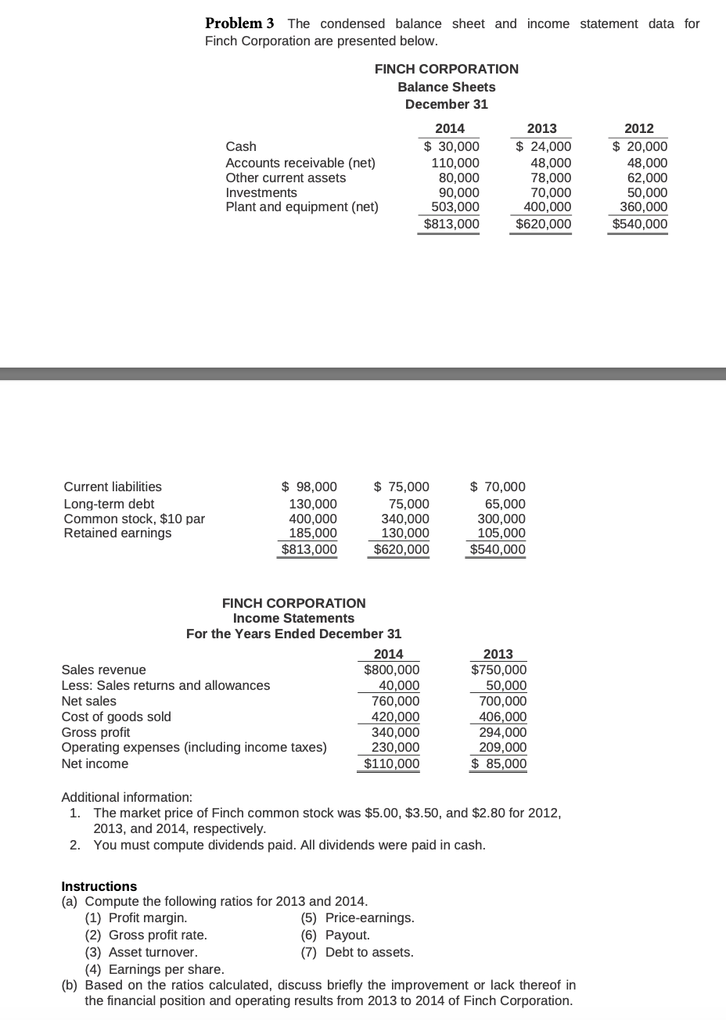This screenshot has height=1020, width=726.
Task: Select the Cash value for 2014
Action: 451,146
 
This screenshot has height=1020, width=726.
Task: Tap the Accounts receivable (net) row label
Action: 300,163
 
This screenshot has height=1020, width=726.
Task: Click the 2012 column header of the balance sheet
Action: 639,129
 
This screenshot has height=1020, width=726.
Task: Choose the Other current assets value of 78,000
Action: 550,178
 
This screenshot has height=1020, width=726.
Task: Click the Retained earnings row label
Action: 117,533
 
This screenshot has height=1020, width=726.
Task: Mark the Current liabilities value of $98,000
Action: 309,487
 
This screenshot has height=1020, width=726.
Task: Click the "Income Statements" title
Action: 293,618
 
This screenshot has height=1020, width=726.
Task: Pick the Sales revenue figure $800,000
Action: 391,670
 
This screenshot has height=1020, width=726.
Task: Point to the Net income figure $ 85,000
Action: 498,763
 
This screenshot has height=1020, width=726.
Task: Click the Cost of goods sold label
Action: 116,716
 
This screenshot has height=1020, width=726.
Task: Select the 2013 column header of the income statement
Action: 498,654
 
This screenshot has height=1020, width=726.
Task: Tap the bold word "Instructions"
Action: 99,886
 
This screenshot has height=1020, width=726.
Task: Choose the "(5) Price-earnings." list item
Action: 358,918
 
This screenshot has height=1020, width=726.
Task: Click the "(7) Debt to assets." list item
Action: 358,952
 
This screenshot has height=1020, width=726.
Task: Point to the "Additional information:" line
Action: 127,797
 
